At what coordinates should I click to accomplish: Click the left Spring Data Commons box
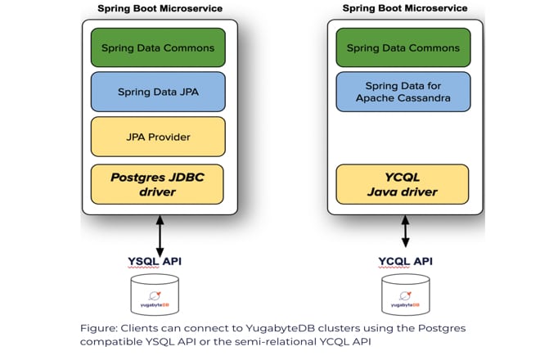pyautogui.click(x=158, y=47)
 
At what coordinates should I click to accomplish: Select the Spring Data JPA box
pyautogui.click(x=158, y=92)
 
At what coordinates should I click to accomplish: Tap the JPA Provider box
pyautogui.click(x=158, y=137)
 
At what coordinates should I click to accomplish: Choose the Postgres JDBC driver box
pyautogui.click(x=158, y=184)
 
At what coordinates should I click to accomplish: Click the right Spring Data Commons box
pyautogui.click(x=403, y=47)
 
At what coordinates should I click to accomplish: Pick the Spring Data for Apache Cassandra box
pyautogui.click(x=403, y=92)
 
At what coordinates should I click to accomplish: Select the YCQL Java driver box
pyautogui.click(x=403, y=184)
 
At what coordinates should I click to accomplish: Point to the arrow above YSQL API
pyautogui.click(x=160, y=236)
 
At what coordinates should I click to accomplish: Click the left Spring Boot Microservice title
pyautogui.click(x=160, y=8)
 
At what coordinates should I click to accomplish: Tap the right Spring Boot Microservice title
pyautogui.click(x=405, y=8)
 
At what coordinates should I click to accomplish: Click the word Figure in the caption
pyautogui.click(x=98, y=328)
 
